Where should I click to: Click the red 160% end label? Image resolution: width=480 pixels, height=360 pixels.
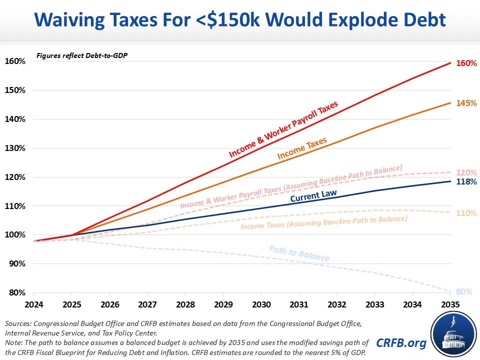click(x=466, y=64)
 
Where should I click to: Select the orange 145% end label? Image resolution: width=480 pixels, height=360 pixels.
click(x=466, y=103)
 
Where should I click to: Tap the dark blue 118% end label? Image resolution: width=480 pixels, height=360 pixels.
click(x=466, y=182)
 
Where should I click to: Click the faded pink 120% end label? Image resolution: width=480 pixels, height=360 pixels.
click(x=466, y=172)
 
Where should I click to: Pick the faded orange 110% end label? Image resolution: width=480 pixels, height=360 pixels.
click(x=466, y=213)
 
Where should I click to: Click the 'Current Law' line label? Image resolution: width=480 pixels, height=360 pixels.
click(x=313, y=194)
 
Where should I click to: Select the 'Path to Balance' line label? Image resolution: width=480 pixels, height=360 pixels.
click(x=299, y=253)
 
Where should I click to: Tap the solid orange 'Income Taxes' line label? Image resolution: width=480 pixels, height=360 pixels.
click(x=302, y=148)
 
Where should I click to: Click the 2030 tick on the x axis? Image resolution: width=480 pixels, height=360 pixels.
click(x=261, y=304)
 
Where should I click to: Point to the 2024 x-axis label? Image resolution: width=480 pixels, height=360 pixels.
click(x=34, y=304)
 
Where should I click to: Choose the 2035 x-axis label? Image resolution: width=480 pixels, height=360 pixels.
click(x=450, y=304)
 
